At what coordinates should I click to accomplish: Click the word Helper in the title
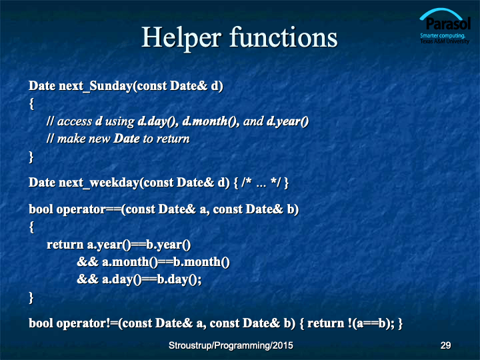point(181,38)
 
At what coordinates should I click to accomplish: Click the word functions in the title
point(284,37)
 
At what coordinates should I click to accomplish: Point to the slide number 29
point(445,345)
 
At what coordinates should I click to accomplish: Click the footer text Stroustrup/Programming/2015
point(231,345)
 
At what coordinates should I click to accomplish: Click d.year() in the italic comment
point(287,121)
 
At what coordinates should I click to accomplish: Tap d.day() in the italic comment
point(156,121)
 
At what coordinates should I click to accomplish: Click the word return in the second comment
point(173,139)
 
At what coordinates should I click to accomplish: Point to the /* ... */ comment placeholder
point(261,183)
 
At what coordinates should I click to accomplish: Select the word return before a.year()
point(65,245)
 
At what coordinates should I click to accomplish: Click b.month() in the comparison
point(201,262)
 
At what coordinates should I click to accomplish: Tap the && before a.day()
point(87,279)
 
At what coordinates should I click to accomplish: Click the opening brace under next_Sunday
point(31,104)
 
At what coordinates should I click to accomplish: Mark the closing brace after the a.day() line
point(31,297)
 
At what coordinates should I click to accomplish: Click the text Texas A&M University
point(445,41)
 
